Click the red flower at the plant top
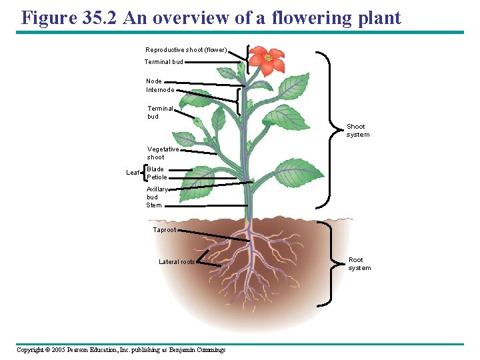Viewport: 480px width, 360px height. [268, 60]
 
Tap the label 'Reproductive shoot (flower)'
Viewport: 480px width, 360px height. [187, 50]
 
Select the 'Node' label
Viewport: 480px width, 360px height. [154, 81]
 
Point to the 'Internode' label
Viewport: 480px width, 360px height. [160, 90]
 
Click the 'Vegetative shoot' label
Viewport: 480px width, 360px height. [163, 153]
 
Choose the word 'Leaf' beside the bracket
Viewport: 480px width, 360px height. [133, 173]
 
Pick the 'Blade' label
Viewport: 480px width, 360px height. [155, 169]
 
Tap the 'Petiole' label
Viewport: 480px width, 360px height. [157, 177]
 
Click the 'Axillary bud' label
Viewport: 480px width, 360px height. [157, 193]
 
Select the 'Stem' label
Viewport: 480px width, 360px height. [154, 205]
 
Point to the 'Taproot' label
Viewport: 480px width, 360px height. [165, 230]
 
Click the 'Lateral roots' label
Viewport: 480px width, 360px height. [177, 262]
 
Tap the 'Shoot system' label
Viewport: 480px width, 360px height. [357, 131]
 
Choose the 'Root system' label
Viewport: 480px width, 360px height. [359, 264]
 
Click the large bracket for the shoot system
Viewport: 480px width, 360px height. [329, 130]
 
